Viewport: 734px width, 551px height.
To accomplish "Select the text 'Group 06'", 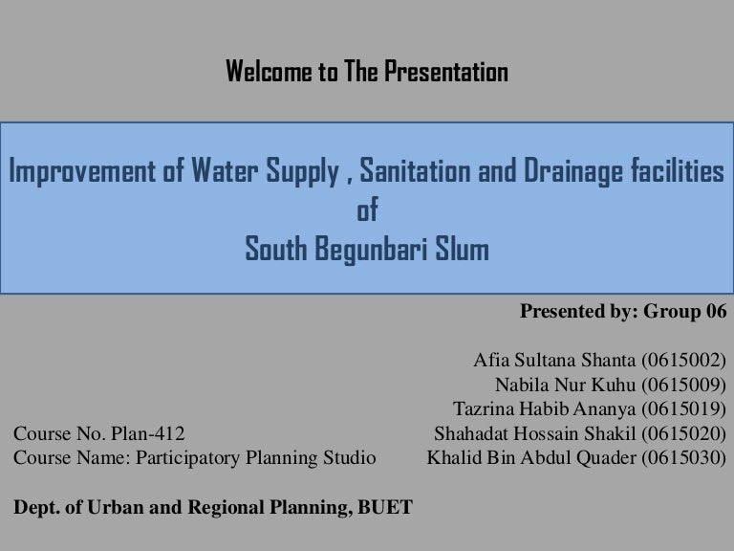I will point(687,312).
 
